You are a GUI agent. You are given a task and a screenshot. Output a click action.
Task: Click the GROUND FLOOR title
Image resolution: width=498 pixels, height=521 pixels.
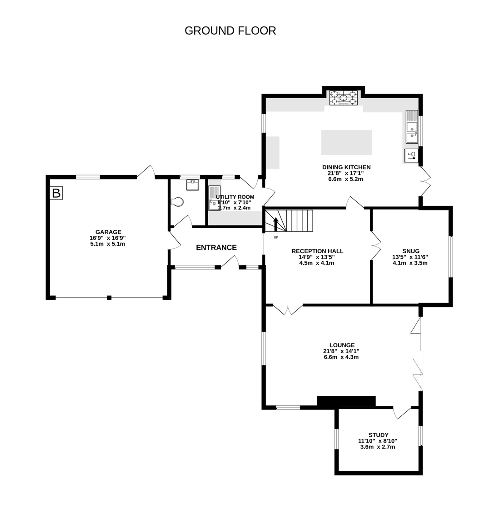pos(230,31)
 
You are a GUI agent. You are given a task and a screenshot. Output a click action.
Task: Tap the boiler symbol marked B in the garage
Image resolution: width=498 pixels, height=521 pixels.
pos(56,193)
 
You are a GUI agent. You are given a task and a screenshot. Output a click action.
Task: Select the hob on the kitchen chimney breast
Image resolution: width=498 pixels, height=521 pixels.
pos(344,98)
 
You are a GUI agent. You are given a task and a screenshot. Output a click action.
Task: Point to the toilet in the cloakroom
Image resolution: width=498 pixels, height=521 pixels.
pos(178,202)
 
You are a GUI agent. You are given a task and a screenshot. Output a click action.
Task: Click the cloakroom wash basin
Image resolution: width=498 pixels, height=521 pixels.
pos(192,185)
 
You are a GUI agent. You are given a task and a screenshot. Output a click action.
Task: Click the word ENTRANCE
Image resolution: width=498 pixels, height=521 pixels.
pos(216,248)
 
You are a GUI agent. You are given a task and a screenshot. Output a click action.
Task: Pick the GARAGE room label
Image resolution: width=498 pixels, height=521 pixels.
pos(108,232)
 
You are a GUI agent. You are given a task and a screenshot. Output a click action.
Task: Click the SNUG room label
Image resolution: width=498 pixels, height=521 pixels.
pos(411,251)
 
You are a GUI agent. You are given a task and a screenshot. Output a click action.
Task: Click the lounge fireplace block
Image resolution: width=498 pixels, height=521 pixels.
pos(346,401)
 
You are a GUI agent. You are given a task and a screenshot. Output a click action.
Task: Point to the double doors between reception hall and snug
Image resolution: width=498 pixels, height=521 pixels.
pos(376,245)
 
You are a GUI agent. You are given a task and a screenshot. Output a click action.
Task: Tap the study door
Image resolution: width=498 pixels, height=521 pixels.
pos(402,413)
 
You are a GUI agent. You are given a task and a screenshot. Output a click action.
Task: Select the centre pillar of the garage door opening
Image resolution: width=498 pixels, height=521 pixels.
pos(109,298)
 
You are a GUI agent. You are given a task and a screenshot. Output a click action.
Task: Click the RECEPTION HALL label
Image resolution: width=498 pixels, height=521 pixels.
pos(317,251)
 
